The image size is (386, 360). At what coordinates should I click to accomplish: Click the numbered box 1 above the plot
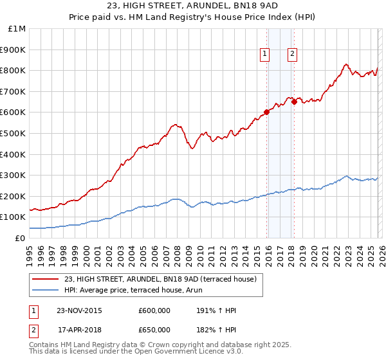pyautogui.click(x=264, y=55)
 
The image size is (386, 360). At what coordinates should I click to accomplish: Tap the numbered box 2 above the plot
pyautogui.click(x=292, y=55)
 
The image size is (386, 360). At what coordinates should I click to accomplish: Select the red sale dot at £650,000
pyautogui.click(x=294, y=102)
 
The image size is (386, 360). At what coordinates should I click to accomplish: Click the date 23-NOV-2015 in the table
pyautogui.click(x=78, y=310)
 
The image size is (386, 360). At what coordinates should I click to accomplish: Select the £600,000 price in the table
pyautogui.click(x=154, y=310)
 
